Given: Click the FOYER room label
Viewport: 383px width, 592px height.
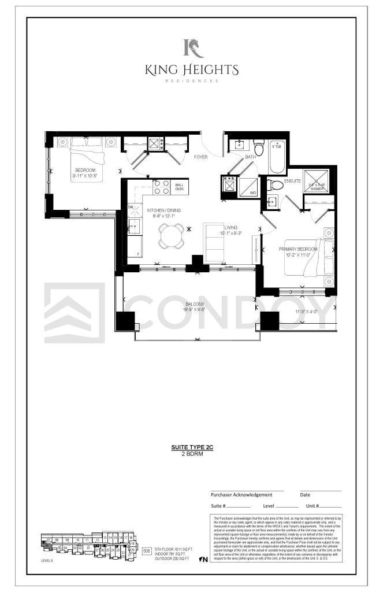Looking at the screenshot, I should click(200, 157).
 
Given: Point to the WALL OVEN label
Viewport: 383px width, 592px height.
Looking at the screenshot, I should click(179, 187).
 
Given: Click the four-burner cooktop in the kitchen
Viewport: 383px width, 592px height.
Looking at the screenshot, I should click(161, 187).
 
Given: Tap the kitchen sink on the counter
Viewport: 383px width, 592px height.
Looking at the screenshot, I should click(133, 225).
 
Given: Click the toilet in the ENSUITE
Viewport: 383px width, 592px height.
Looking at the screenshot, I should click(276, 186).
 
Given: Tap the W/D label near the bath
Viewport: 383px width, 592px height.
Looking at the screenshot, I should click(252, 193).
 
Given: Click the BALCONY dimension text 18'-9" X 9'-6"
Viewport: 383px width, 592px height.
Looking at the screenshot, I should click(193, 310).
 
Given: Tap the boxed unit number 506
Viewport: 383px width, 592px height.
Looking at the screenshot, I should click(146, 552).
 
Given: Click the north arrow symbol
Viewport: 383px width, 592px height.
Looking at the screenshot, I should click(203, 559).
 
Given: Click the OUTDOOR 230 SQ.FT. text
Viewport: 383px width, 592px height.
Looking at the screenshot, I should click(173, 558).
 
